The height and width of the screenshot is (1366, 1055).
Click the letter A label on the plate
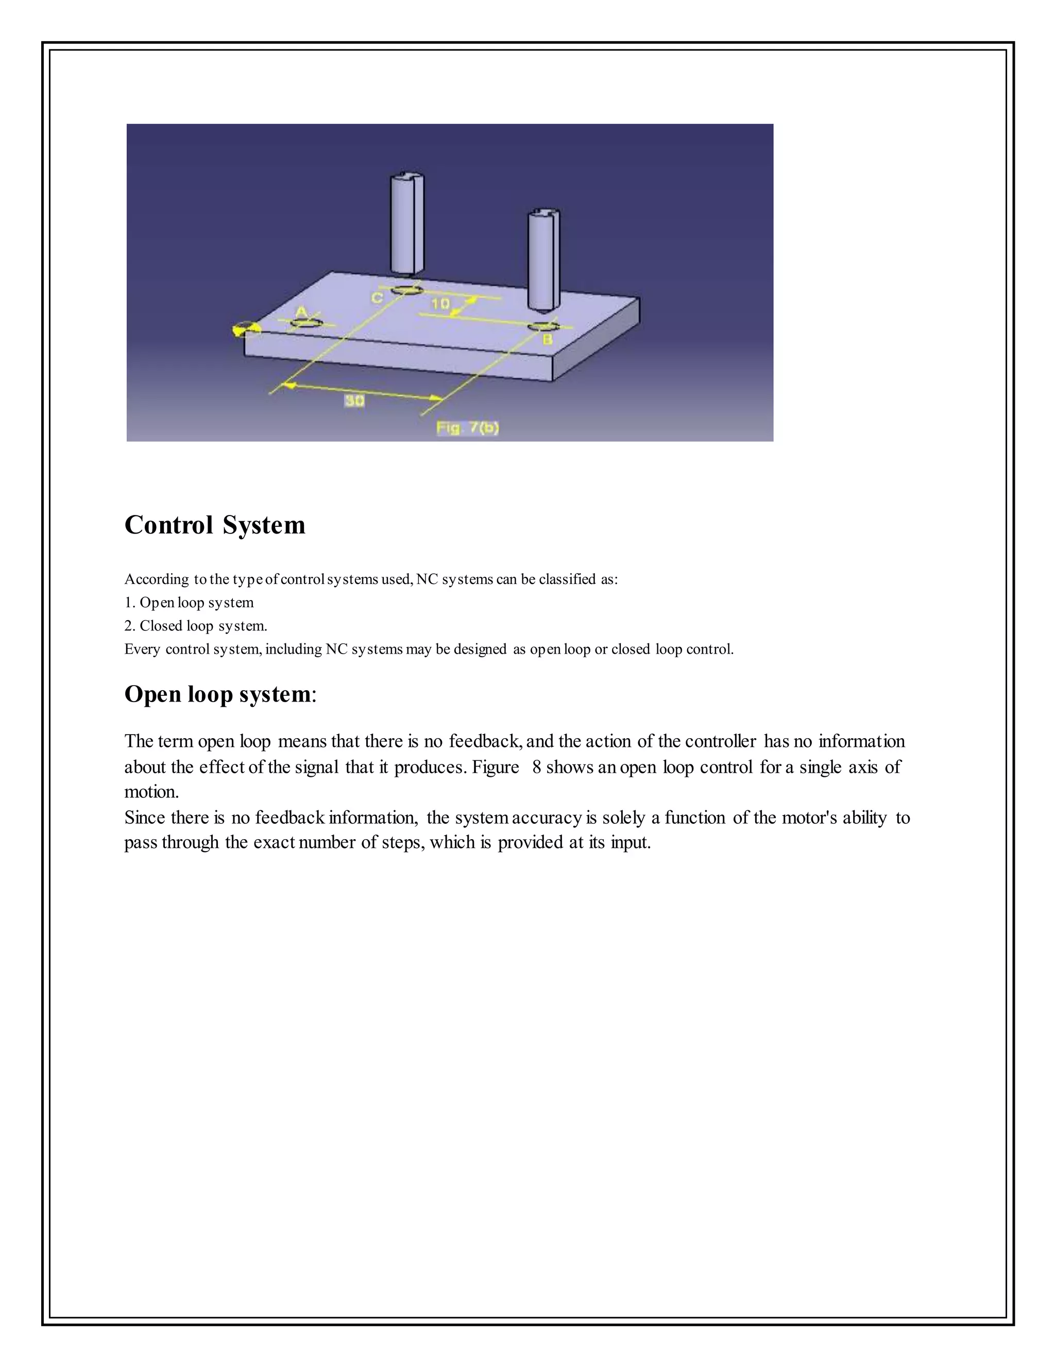pos(301,311)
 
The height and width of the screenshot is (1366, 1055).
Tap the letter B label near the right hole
pos(547,340)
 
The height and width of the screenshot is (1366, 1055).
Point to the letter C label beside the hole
pos(378,298)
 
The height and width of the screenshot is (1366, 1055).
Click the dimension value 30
pos(354,401)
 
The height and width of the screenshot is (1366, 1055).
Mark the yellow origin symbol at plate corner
pos(244,329)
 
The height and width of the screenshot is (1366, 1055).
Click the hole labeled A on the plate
pos(307,323)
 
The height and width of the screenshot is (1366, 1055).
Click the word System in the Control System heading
pos(264,525)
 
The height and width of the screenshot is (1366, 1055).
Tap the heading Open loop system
pos(217,694)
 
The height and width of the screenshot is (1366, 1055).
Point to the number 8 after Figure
pos(536,767)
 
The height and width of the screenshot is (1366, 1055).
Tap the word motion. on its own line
pos(151,792)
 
